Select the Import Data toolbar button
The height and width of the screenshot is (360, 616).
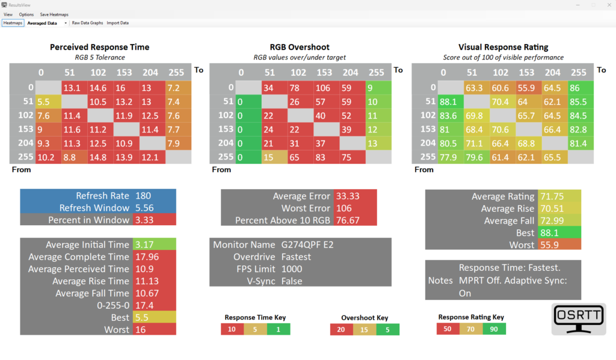point(117,23)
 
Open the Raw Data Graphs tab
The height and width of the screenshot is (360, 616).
point(87,23)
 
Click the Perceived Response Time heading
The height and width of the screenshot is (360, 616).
point(99,47)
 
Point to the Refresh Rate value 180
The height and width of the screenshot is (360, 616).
point(144,196)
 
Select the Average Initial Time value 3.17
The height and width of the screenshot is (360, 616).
point(144,244)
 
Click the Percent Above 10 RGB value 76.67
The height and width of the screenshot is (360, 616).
point(344,220)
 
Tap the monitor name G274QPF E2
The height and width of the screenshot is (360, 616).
point(304,245)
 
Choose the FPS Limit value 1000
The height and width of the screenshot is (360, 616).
point(292,269)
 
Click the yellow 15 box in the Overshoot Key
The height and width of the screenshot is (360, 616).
point(365,329)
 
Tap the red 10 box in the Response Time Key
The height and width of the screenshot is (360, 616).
point(232,329)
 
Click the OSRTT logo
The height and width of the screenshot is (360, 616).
point(579,319)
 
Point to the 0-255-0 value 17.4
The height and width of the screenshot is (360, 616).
point(144,305)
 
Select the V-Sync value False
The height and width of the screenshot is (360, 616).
point(291,281)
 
